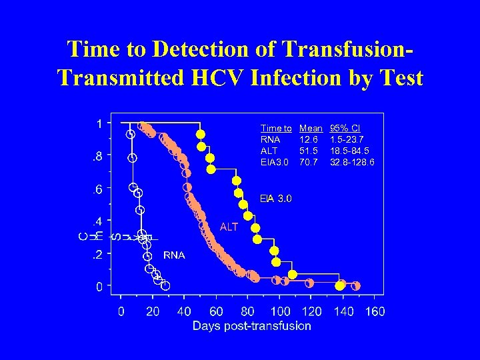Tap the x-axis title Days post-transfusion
251,326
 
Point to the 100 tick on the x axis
281,311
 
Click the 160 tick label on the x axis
375,311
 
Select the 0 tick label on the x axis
121,311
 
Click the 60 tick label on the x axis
216,311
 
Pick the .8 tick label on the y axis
97,157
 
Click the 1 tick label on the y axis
99,123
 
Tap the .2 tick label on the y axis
97,255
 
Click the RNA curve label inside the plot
175,255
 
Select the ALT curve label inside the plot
229,227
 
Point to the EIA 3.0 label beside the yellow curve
276,198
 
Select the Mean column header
311,128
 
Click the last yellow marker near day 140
340,286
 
